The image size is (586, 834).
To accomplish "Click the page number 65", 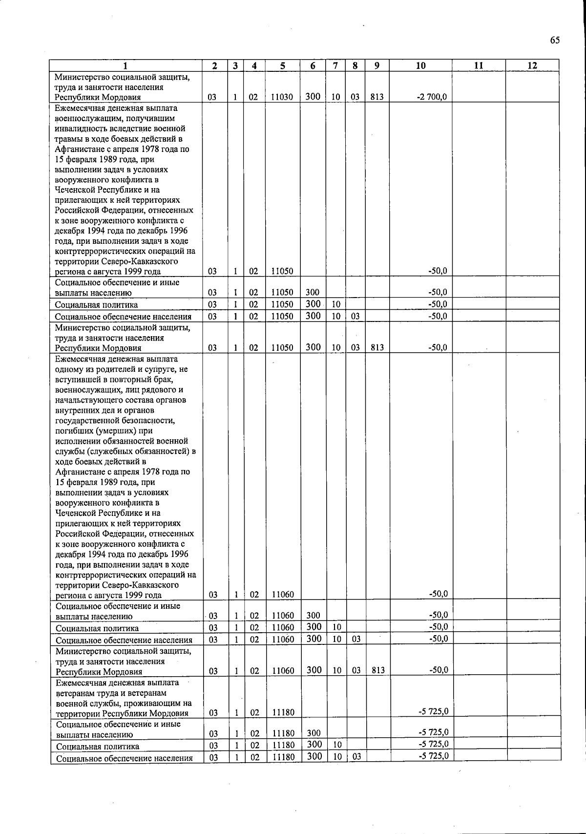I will pos(555,40).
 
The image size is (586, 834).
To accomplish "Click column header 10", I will pos(420,66).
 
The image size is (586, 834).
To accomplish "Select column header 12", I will pos(532,66).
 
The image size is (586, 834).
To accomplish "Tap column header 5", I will pos(283,66).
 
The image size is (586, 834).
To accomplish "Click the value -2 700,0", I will pos(432,97).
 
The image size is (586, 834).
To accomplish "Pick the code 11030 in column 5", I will pos(282,97).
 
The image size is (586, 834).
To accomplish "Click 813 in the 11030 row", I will pos(377,97).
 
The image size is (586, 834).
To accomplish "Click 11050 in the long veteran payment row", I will pos(282,272).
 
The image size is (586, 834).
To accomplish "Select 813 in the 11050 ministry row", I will pos(377,348).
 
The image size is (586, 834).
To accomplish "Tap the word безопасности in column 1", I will pos(152,421).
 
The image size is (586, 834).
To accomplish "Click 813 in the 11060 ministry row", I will pos(378,671).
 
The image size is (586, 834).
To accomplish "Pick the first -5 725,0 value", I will pos(433,711).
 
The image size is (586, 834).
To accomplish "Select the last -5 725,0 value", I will pos(433,756).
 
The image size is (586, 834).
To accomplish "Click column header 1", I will pos(126,66).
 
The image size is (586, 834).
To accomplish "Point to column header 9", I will pos(377,66).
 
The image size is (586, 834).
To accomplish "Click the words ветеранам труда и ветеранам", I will pos(111,693).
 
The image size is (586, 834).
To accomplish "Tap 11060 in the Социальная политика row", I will pos(283,628).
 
